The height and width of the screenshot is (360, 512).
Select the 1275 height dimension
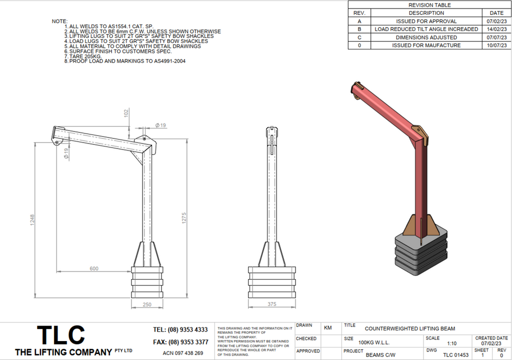pos(183,218)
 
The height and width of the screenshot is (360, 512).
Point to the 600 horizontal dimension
pos(94,268)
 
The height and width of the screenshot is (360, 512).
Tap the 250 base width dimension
pos(147,304)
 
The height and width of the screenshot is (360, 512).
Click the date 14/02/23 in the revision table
pos(496,29)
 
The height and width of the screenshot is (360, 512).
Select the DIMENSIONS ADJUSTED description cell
pos(426,37)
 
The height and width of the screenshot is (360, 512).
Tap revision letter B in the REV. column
pos(359,29)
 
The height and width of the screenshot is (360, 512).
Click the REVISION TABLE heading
pos(429,5)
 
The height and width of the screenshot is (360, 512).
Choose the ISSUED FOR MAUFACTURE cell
pos(426,45)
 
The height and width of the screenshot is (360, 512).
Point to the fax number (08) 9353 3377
pos(180,342)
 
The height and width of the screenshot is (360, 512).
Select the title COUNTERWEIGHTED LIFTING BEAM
pos(410,329)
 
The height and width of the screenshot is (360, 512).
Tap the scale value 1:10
pos(451,343)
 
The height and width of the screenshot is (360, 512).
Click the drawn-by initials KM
pos(328,328)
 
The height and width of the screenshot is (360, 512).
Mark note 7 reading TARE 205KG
pos(82,56)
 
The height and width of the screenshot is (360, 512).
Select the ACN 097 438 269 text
pos(183,353)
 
